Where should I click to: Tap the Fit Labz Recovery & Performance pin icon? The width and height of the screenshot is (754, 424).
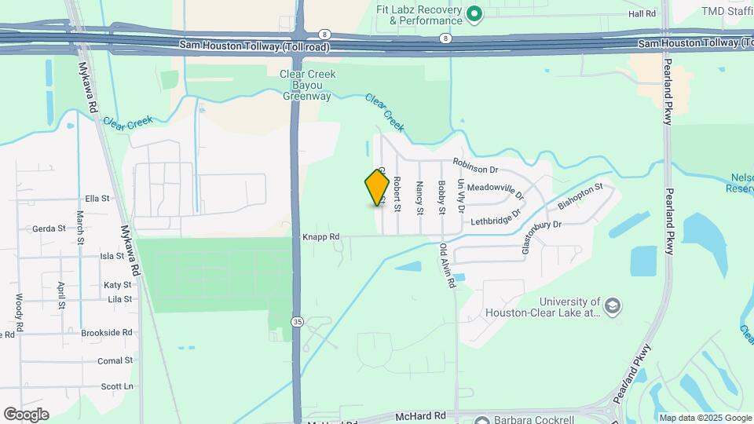(474, 13)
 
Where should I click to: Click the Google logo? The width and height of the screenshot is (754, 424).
(26, 415)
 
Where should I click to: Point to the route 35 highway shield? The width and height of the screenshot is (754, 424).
(297, 321)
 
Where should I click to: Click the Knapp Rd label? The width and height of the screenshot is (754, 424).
(320, 236)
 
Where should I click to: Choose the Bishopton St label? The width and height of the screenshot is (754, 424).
(580, 196)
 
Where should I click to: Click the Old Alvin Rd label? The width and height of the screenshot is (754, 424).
(447, 266)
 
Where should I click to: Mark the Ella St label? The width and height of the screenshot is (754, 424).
(97, 199)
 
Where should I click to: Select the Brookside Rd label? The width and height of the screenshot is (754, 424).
(107, 333)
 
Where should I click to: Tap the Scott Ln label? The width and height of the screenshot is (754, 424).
(117, 386)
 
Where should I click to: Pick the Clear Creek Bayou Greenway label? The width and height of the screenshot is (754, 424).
(307, 85)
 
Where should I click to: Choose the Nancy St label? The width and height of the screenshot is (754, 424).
(419, 198)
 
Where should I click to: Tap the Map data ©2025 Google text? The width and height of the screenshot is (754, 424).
(705, 417)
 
